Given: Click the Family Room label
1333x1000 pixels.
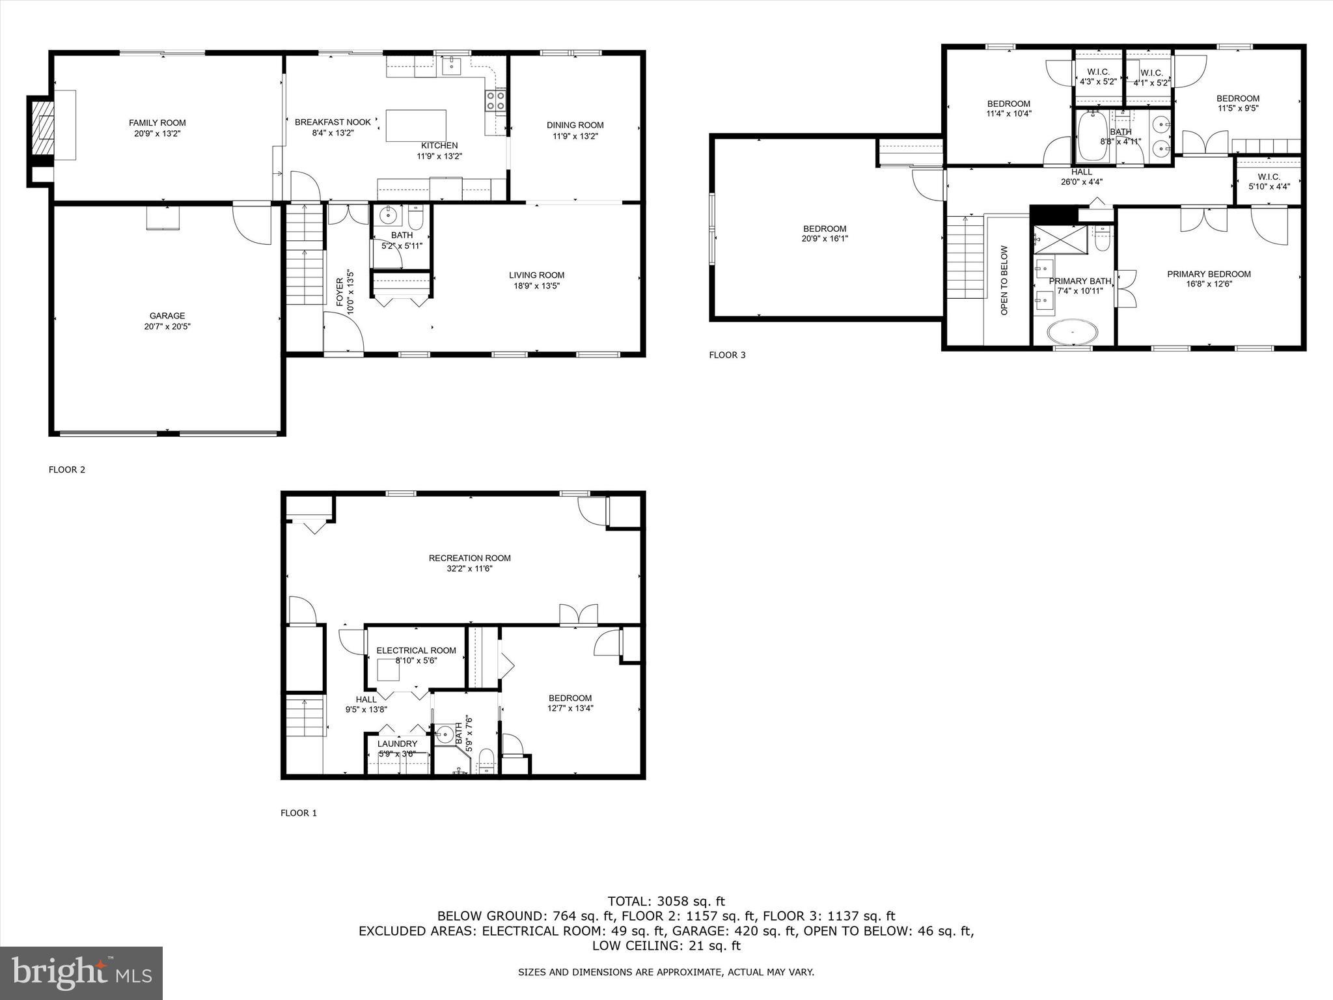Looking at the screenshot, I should pyautogui.click(x=157, y=122).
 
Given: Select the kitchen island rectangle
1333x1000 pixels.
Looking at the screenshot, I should pyautogui.click(x=416, y=126).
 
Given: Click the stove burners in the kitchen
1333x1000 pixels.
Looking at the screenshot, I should pyautogui.click(x=495, y=102).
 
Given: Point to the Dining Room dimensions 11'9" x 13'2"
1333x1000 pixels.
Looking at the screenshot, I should pyautogui.click(x=575, y=136).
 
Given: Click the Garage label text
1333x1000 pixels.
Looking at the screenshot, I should pyautogui.click(x=167, y=316).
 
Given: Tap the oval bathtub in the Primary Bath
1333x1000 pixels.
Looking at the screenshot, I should pyautogui.click(x=1071, y=331).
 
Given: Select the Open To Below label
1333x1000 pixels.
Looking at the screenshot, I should pyautogui.click(x=1004, y=281).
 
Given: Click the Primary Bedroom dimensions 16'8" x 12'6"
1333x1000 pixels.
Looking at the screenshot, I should pyautogui.click(x=1209, y=284).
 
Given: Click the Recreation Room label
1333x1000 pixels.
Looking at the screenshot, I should pyautogui.click(x=469, y=558).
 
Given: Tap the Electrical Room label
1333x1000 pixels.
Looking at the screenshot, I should pyautogui.click(x=416, y=650).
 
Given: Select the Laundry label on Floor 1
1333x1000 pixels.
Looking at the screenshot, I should pyautogui.click(x=397, y=743).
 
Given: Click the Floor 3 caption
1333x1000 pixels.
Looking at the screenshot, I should pyautogui.click(x=727, y=355).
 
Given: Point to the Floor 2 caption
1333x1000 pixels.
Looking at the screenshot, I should pyautogui.click(x=66, y=469).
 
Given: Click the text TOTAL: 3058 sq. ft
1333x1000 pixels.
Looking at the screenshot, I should pyautogui.click(x=666, y=901).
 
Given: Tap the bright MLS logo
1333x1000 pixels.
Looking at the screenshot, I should pyautogui.click(x=81, y=973).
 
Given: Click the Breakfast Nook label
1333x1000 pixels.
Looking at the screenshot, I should pyautogui.click(x=333, y=122).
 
